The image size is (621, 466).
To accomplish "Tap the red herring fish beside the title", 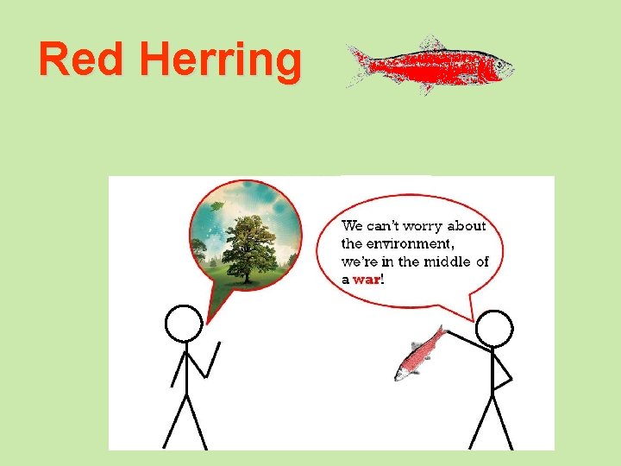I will (431, 65).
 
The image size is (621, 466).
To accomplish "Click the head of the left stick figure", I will (183, 324).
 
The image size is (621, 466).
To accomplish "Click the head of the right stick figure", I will (494, 329).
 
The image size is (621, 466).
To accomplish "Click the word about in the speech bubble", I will (467, 226).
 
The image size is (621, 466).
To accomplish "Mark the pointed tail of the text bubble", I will (473, 318).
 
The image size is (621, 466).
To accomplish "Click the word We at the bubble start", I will (352, 226).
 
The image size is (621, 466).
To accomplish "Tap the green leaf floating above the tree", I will (216, 205).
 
